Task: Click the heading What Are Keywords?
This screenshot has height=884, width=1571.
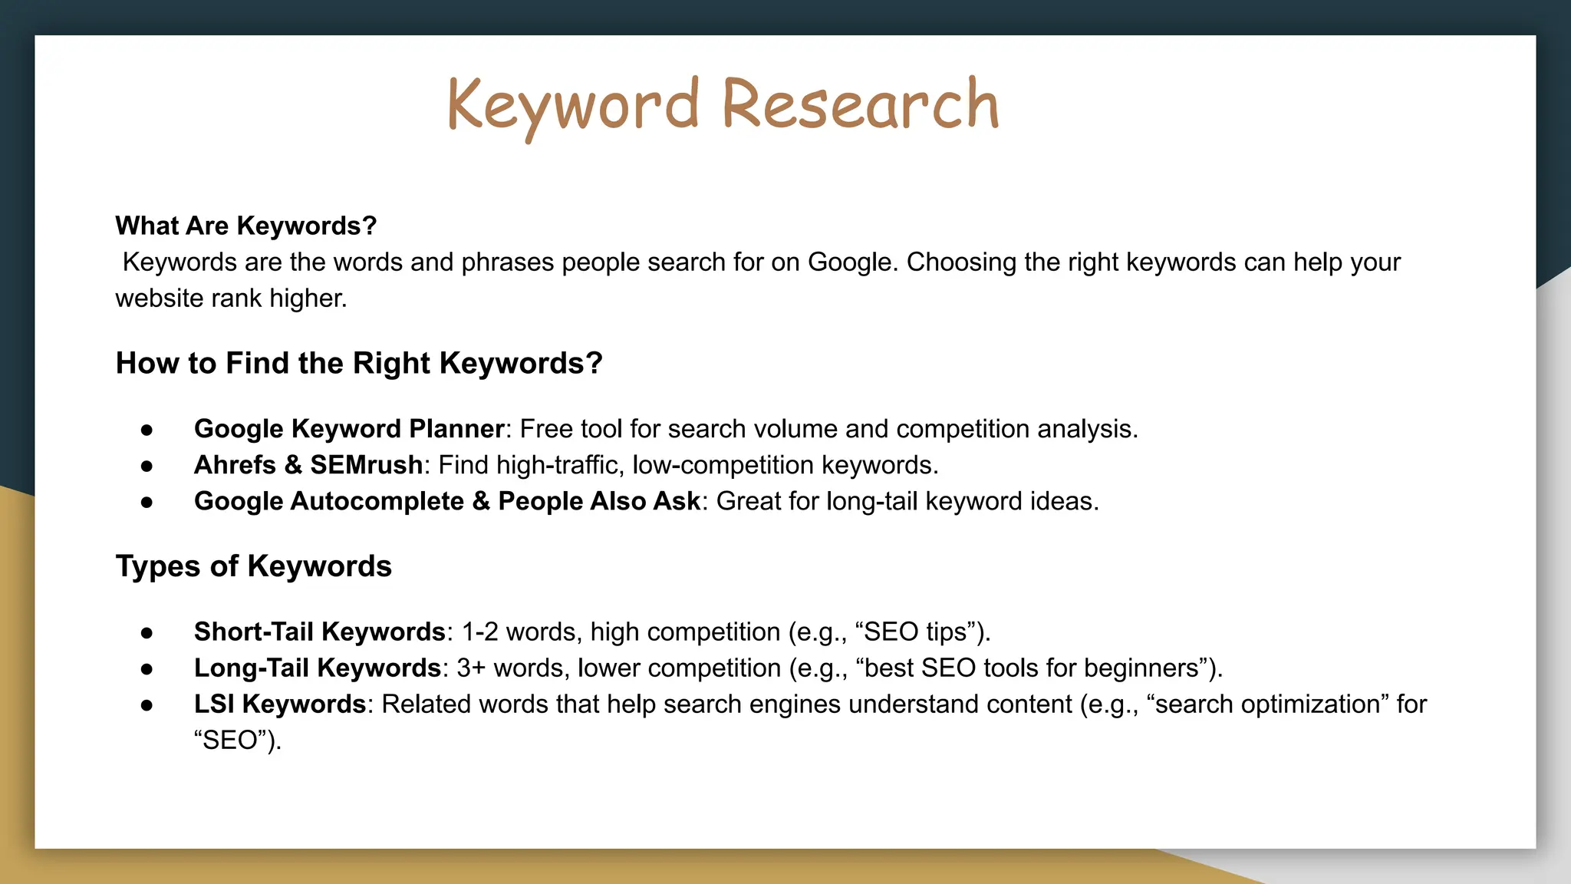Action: tap(245, 226)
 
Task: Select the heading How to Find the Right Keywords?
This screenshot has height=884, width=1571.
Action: tap(358, 363)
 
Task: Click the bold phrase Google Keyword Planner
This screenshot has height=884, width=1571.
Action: tap(349, 429)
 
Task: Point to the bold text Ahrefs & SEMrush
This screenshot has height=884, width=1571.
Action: tap(308, 465)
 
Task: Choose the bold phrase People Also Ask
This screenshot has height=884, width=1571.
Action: tap(598, 501)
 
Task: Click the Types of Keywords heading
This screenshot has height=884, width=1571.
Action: tap(253, 566)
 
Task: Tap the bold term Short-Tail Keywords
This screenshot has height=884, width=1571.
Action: tap(319, 632)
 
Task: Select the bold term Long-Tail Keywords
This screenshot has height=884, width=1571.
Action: tap(317, 668)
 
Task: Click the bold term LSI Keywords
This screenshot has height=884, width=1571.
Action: tap(279, 704)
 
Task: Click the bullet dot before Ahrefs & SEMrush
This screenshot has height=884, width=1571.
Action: tap(147, 466)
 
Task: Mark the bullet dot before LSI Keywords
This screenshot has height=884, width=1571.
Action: tap(147, 704)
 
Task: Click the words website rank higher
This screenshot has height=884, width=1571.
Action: tap(230, 299)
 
